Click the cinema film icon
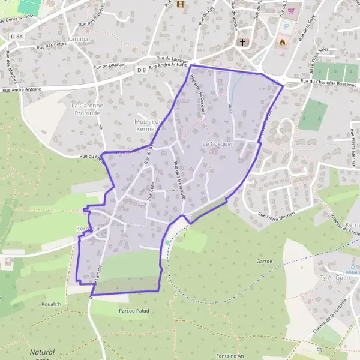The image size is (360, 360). pos(181,4)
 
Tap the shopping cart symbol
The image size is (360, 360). pos(292,10)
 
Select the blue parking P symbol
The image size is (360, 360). pos(286,27)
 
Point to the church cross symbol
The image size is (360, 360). pos(243,42)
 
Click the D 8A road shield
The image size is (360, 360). pos(16,37)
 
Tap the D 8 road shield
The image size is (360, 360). pos(141,70)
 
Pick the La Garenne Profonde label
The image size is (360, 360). pos(84,109)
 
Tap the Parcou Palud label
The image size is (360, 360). pos(133,311)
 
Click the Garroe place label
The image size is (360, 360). pos(265,262)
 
